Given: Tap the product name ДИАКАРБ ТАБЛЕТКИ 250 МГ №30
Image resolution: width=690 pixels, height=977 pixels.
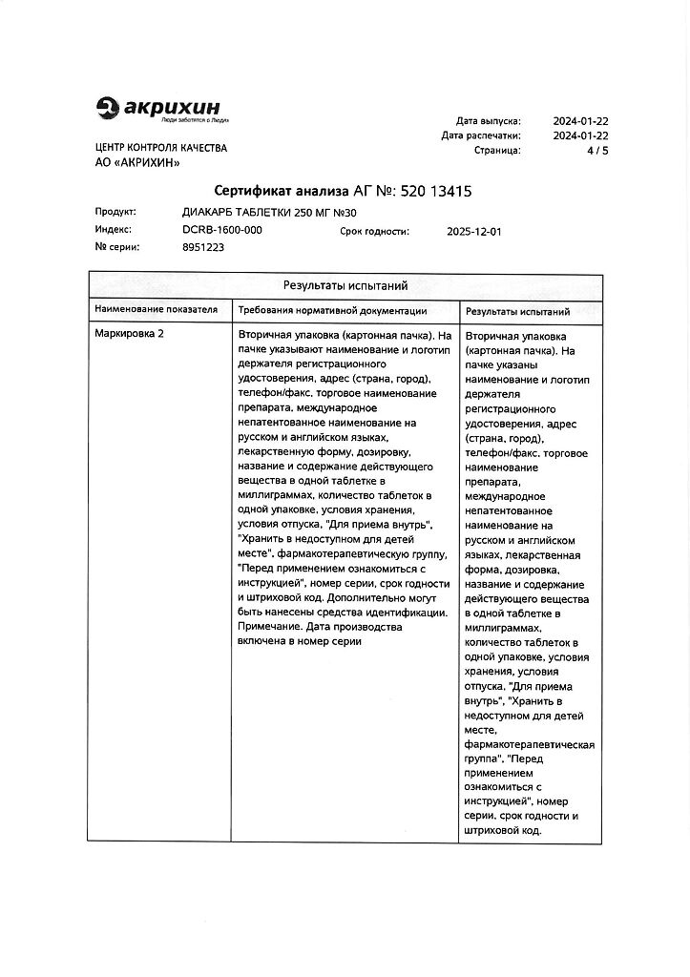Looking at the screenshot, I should point(261,212).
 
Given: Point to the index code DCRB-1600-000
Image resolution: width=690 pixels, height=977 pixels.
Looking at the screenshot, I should point(221,230).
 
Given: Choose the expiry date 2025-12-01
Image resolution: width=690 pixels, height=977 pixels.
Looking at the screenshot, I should point(473,231).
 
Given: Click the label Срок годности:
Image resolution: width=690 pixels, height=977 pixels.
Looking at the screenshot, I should point(374,231).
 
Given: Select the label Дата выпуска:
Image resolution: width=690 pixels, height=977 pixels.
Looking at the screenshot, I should point(488,121).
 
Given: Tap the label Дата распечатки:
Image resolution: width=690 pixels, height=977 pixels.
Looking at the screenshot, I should point(481,135).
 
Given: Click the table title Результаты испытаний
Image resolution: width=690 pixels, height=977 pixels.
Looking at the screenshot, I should point(345,285).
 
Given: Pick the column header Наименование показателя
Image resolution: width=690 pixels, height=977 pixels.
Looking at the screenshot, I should point(156,309).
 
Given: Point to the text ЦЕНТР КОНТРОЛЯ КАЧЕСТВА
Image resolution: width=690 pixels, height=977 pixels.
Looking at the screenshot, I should point(161,149).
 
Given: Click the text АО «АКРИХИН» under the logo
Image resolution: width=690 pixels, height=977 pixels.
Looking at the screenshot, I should point(137,164).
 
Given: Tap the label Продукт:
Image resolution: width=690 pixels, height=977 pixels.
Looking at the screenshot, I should point(115,212).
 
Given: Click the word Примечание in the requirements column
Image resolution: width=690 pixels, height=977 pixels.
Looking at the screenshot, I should point(269,627).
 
